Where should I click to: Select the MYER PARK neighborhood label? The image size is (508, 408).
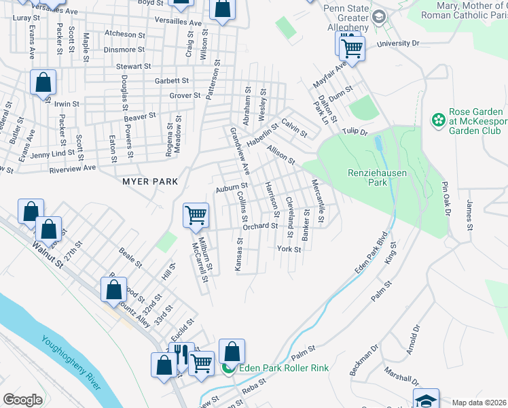click(150, 182)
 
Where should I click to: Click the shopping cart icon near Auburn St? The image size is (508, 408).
click(196, 216)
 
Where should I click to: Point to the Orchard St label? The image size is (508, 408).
click(261, 226)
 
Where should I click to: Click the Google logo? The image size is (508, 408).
click(22, 399)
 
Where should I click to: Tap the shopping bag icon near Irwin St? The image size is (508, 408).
click(43, 82)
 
